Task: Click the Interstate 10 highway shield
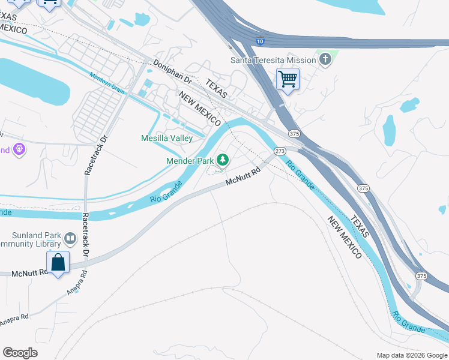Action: point(259,41)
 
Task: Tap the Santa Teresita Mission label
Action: point(273,60)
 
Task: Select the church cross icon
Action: point(325,59)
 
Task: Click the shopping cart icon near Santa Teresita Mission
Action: point(288,79)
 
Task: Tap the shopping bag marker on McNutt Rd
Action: point(58,263)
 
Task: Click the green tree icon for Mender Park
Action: point(223,160)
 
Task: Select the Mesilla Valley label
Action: point(166,139)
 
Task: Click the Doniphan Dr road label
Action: point(172,71)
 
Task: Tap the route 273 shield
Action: point(280,151)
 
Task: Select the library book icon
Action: point(70,239)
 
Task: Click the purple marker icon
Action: point(19,149)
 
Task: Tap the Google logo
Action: point(20,353)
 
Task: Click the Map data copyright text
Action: point(411,355)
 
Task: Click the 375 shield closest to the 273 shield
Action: point(294,133)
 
